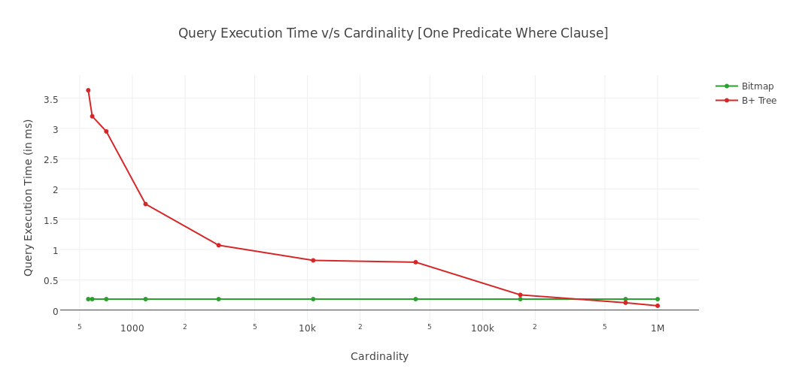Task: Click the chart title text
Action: [x=393, y=33]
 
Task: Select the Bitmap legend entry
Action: [x=757, y=86]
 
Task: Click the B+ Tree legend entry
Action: [x=758, y=101]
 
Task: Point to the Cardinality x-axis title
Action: [x=379, y=356]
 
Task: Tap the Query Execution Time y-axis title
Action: [x=29, y=198]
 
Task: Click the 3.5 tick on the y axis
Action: [x=50, y=99]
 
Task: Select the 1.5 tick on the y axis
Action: [x=50, y=220]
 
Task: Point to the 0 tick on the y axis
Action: [x=55, y=310]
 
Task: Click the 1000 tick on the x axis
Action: [x=132, y=328]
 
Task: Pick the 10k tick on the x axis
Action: [x=307, y=328]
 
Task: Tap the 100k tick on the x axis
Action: [x=482, y=328]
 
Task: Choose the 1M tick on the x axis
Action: [x=658, y=328]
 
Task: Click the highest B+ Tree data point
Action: [x=88, y=90]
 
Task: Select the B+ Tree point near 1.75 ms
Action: [x=145, y=204]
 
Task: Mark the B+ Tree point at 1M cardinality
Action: [x=657, y=306]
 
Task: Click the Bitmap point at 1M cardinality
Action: [x=657, y=299]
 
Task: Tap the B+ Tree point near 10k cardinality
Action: [x=313, y=260]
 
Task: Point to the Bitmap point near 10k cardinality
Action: [x=313, y=299]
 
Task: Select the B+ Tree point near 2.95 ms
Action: [x=106, y=132]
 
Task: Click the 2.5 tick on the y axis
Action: [x=50, y=159]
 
